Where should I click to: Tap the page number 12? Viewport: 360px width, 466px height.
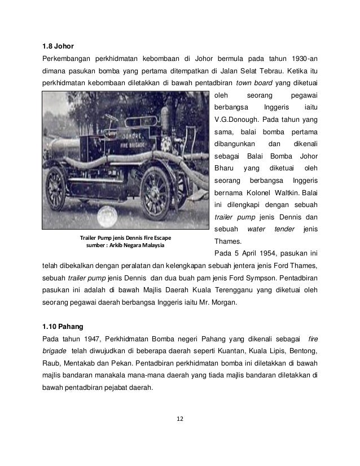(x=179, y=418)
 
